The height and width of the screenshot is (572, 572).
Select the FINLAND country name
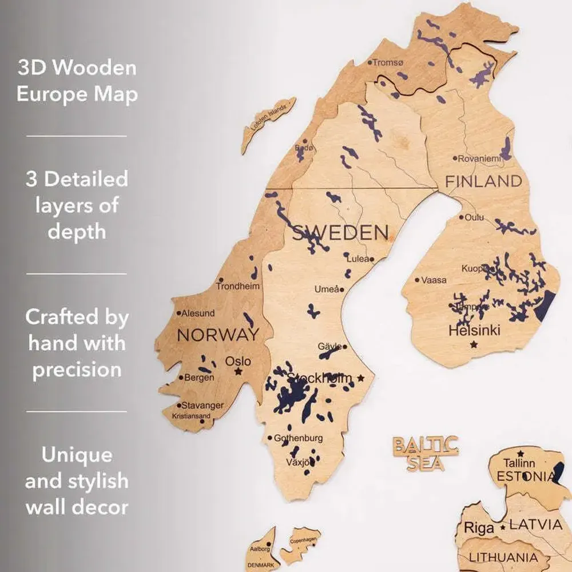484,182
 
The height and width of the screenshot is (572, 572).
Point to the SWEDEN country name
340,233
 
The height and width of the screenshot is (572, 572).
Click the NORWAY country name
218,335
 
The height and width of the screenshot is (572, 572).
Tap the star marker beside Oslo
238,372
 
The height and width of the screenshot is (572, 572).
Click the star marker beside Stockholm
360,378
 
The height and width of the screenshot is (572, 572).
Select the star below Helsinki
473,344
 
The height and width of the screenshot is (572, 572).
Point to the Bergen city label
198,378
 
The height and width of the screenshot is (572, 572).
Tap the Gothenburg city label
298,438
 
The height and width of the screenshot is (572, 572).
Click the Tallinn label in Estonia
519,463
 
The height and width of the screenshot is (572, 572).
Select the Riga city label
478,527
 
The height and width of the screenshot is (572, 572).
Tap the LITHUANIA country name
503,557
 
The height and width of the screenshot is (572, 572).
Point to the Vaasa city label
434,280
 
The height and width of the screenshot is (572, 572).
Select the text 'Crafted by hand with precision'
77,343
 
